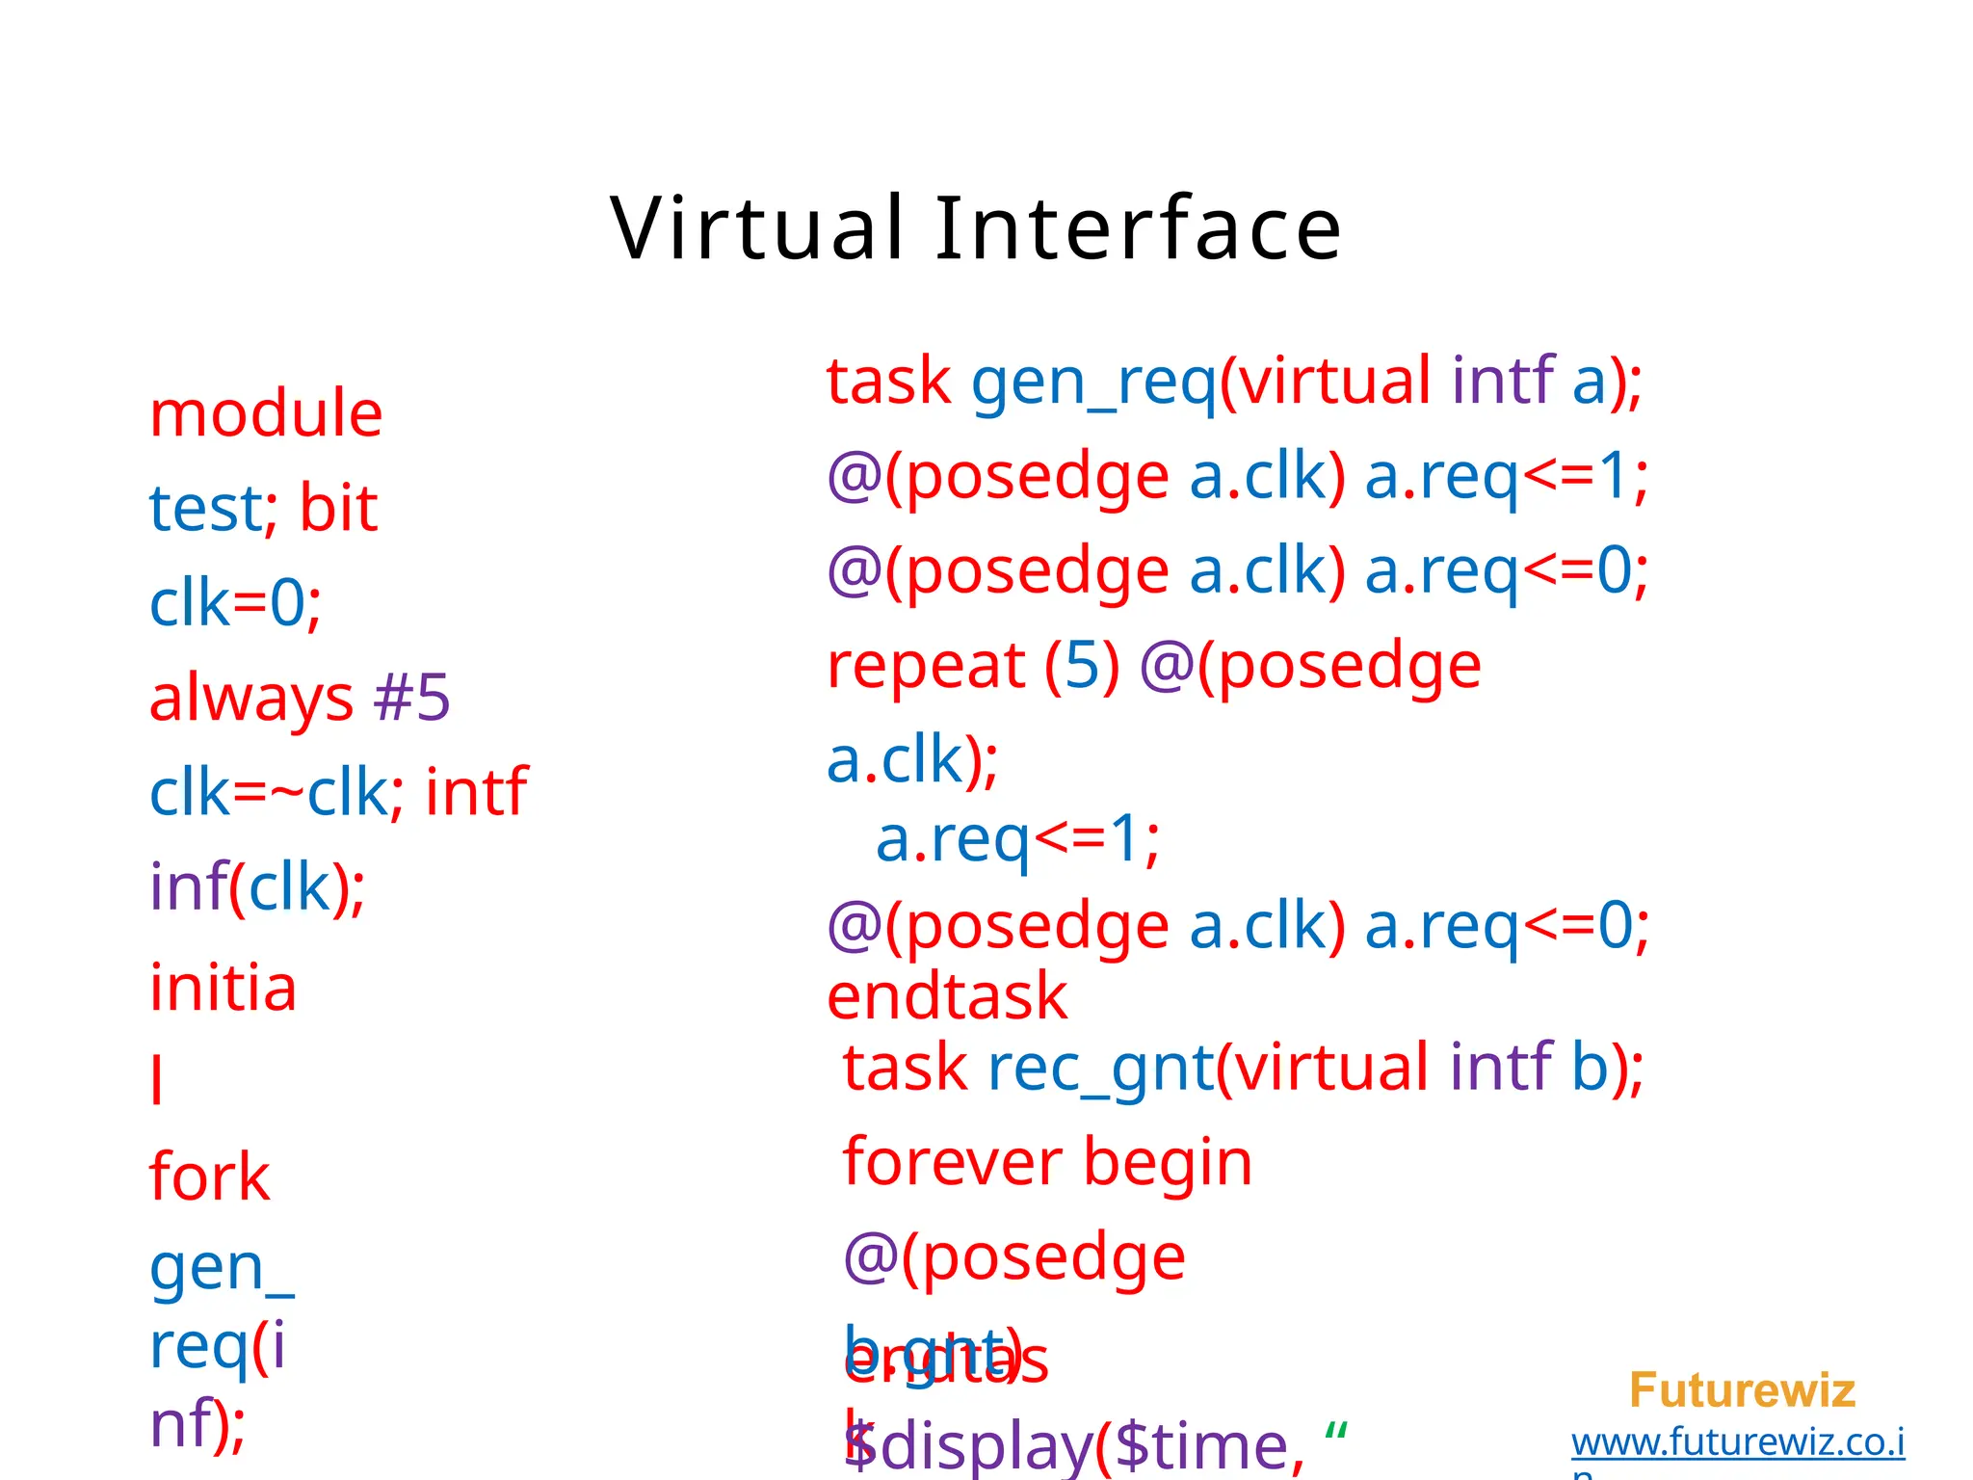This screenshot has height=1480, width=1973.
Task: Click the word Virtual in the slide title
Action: tap(757, 228)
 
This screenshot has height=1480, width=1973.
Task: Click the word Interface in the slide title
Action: tap(1138, 228)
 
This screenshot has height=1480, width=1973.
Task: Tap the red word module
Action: tap(266, 414)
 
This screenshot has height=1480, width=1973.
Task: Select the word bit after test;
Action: tap(338, 508)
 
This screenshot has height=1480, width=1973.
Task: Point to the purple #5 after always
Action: tap(411, 698)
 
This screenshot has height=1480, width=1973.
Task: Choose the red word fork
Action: tap(209, 1176)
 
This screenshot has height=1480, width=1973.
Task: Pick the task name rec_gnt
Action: tap(1099, 1069)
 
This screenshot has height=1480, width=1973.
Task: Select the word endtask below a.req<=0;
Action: tap(947, 996)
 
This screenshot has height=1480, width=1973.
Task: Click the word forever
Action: tap(953, 1162)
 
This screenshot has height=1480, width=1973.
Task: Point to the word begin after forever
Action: tap(1168, 1162)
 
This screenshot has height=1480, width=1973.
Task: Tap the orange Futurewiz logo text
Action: tap(1742, 1390)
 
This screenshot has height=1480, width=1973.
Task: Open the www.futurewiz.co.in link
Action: tap(1738, 1443)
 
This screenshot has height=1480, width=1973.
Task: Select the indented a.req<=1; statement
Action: tap(1017, 839)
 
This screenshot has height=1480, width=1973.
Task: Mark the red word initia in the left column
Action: tap(223, 989)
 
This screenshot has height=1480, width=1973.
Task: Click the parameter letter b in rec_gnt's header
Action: tap(1590, 1068)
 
